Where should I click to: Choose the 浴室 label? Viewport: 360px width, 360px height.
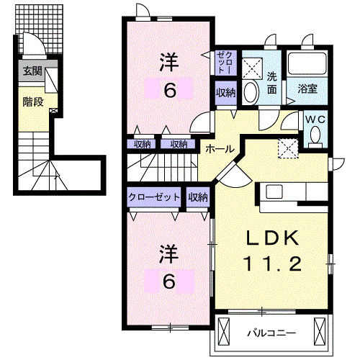coord(309,89)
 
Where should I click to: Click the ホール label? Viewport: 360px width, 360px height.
coord(219,148)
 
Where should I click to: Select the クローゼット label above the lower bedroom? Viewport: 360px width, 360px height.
coord(155,197)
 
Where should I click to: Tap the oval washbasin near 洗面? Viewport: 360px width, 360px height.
coord(251,92)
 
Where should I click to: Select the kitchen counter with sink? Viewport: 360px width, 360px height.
coord(295,191)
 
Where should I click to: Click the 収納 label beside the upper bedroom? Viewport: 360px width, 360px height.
coord(225,92)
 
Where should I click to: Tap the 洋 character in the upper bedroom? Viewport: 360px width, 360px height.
coord(168,62)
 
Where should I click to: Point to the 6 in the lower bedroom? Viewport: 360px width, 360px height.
coord(168,282)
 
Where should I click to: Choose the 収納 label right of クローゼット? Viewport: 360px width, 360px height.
coord(198,197)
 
